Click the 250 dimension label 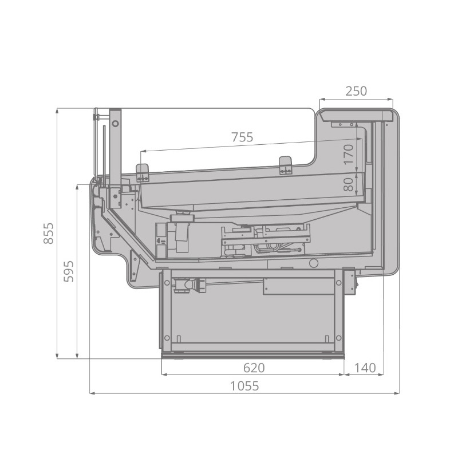[x=356, y=91]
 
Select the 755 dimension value [x=242, y=137]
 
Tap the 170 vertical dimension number [x=349, y=154]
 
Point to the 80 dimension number [x=349, y=184]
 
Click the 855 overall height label [x=49, y=233]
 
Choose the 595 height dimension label [x=69, y=271]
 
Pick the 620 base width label [x=254, y=368]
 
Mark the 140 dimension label [x=365, y=368]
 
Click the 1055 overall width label [x=244, y=386]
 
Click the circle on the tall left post [x=116, y=124]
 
